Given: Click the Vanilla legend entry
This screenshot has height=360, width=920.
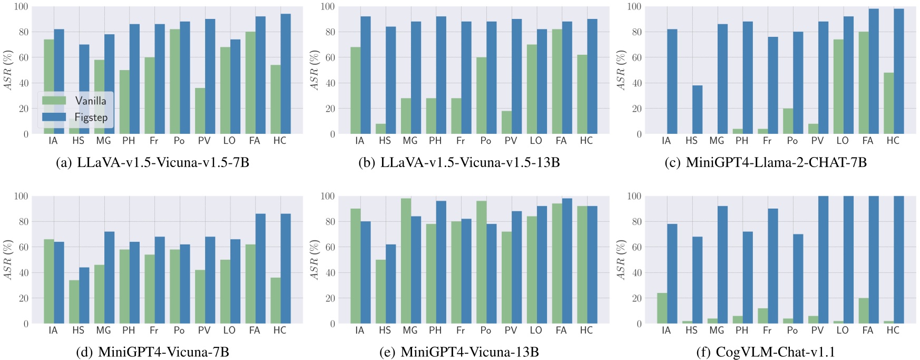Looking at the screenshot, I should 90,101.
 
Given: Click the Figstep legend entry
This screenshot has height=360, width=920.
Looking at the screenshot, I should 91,117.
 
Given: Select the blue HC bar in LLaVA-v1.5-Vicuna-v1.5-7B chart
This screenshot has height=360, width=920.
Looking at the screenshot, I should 285,74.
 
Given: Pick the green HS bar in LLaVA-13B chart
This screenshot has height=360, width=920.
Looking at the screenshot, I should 380,129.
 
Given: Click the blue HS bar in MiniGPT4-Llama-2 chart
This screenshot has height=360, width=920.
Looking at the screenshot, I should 697,110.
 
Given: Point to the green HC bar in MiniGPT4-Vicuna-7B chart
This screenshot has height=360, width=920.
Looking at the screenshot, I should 275,300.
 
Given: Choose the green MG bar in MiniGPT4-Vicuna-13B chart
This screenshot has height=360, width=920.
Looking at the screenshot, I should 405,261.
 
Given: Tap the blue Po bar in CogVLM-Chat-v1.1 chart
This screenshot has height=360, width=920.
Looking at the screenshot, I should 797,279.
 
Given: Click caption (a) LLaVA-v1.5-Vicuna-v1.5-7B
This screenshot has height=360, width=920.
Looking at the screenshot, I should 152,162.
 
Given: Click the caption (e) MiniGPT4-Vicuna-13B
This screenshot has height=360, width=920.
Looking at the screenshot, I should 459,352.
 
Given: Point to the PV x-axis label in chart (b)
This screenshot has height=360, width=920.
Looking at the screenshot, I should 511,141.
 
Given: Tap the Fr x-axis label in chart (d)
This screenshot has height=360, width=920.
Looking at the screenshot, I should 154,330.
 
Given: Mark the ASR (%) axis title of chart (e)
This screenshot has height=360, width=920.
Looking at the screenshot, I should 314,260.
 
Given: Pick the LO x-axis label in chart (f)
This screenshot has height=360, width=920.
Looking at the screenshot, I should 843,330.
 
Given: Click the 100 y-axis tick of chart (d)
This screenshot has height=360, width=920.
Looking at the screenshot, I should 20,197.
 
